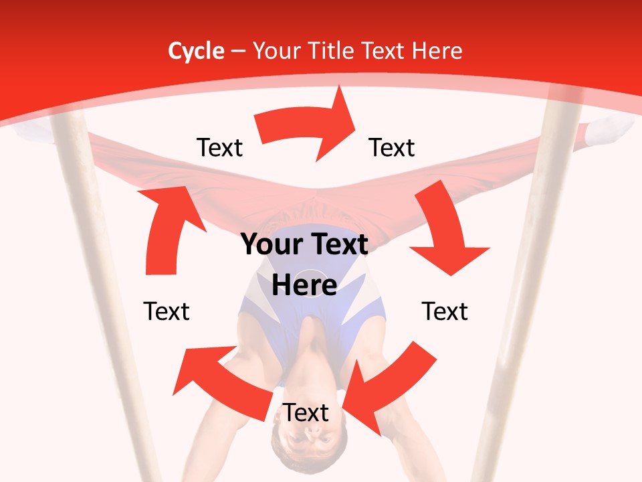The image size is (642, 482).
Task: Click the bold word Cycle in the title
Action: (x=196, y=51)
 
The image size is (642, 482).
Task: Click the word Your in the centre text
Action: (x=267, y=245)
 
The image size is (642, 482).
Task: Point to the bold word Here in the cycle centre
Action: (x=304, y=286)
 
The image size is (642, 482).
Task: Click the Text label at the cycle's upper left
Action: (x=219, y=147)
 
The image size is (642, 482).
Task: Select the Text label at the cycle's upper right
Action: (x=392, y=147)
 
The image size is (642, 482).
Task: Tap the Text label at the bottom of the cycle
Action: (x=306, y=413)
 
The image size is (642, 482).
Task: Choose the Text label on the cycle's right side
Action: (x=445, y=311)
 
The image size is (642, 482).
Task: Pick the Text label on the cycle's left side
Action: (x=167, y=311)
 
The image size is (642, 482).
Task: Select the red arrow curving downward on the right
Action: (x=447, y=234)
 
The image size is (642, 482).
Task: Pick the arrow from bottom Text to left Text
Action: (x=221, y=382)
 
